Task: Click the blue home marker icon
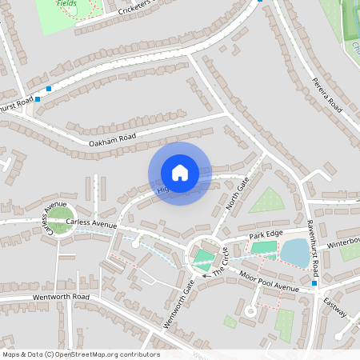pyautogui.click(x=180, y=173)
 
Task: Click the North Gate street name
pyautogui.click(x=238, y=195)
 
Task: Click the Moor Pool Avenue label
pyautogui.click(x=268, y=282)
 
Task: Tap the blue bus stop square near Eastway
pyautogui.click(x=315, y=283)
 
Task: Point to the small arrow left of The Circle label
pyautogui.click(x=206, y=275)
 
